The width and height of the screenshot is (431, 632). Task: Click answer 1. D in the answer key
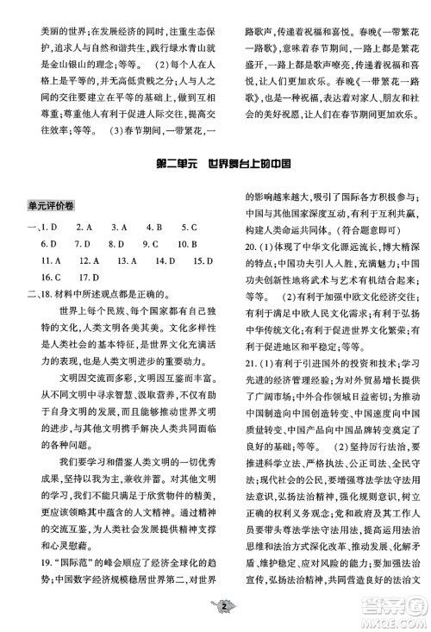pos(48,228)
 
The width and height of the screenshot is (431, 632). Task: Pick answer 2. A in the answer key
pos(84,228)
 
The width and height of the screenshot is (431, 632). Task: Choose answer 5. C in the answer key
pos(189,228)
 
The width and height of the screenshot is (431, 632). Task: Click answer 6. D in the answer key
pos(48,244)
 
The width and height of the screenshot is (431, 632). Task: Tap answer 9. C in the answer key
pos(153,244)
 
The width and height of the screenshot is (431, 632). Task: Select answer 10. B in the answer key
pos(191,244)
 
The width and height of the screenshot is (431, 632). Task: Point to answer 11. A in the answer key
pos(50,260)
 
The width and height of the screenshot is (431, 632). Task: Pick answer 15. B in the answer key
pos(203,260)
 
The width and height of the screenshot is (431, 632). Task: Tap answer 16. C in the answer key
pos(50,277)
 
